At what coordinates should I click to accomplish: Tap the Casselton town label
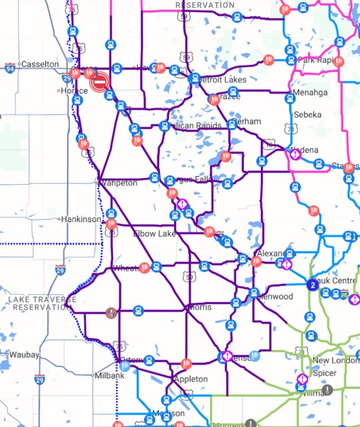click(x=39, y=64)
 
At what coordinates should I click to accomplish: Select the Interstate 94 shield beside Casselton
click(x=10, y=68)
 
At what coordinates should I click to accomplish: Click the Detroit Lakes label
click(x=223, y=80)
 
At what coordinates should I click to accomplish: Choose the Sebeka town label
click(x=308, y=115)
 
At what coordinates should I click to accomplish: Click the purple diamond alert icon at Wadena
click(x=295, y=153)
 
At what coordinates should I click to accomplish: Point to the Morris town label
click(x=200, y=307)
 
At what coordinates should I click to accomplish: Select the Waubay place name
click(x=24, y=355)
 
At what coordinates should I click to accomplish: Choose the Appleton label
click(x=191, y=379)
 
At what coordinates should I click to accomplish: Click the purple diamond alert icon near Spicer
click(x=302, y=379)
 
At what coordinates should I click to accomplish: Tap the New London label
click(x=335, y=360)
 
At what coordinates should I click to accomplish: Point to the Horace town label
click(x=74, y=90)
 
